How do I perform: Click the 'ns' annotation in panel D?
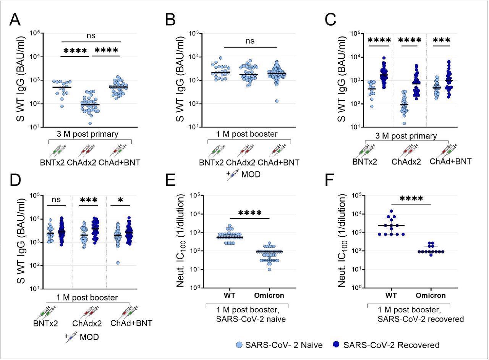coord(56,200)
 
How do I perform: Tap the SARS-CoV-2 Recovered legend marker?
coord(336,345)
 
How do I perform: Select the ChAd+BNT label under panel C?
coord(450,161)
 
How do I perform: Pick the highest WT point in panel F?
coord(390,211)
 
